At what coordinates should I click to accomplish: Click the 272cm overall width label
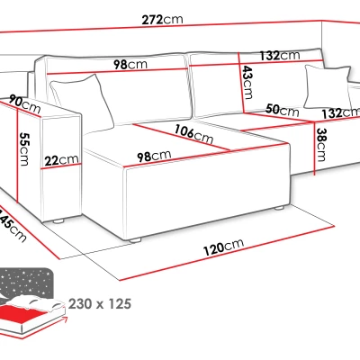pos(162,20)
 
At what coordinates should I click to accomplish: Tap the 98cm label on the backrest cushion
pos(130,65)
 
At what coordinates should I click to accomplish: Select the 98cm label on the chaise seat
pos(154,157)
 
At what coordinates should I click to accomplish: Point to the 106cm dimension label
pos(193,134)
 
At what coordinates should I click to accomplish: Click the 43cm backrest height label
pos(247,82)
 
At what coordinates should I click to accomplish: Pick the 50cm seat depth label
pos(283,110)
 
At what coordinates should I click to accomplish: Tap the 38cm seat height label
pos(320,145)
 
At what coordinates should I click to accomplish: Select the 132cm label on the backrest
pos(280,55)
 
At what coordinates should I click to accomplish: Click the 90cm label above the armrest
pos(24,103)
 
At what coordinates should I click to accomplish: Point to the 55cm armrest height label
pos(24,148)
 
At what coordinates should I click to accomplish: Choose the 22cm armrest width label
pos(61,160)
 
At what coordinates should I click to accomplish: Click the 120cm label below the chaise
pos(223,247)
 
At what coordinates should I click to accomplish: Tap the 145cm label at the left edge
pos(12,225)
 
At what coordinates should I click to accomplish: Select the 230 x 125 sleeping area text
pos(100,304)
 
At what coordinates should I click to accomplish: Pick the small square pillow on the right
pos(328,87)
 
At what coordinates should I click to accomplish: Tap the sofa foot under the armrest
pos(58,221)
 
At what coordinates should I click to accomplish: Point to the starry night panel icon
pos(26,283)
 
